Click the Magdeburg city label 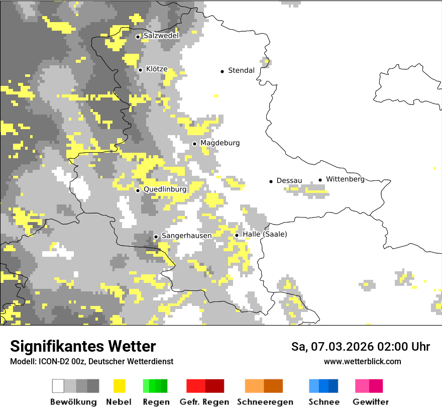tap(220, 143)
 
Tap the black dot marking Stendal tap(222, 71)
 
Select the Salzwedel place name tap(161, 36)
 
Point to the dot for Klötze tap(140, 70)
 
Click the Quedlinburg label tap(165, 189)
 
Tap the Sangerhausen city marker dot tap(156, 237)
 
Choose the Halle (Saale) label tap(265, 234)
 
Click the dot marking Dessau tap(271, 181)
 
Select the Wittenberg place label tap(345, 179)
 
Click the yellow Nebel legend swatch tap(119, 386)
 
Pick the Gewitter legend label tap(370, 402)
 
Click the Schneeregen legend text tap(265, 402)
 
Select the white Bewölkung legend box tap(58, 386)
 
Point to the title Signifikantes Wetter tap(83, 346)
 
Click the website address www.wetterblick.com tap(362, 361)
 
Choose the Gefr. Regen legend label tap(204, 402)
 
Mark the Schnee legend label tap(323, 402)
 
